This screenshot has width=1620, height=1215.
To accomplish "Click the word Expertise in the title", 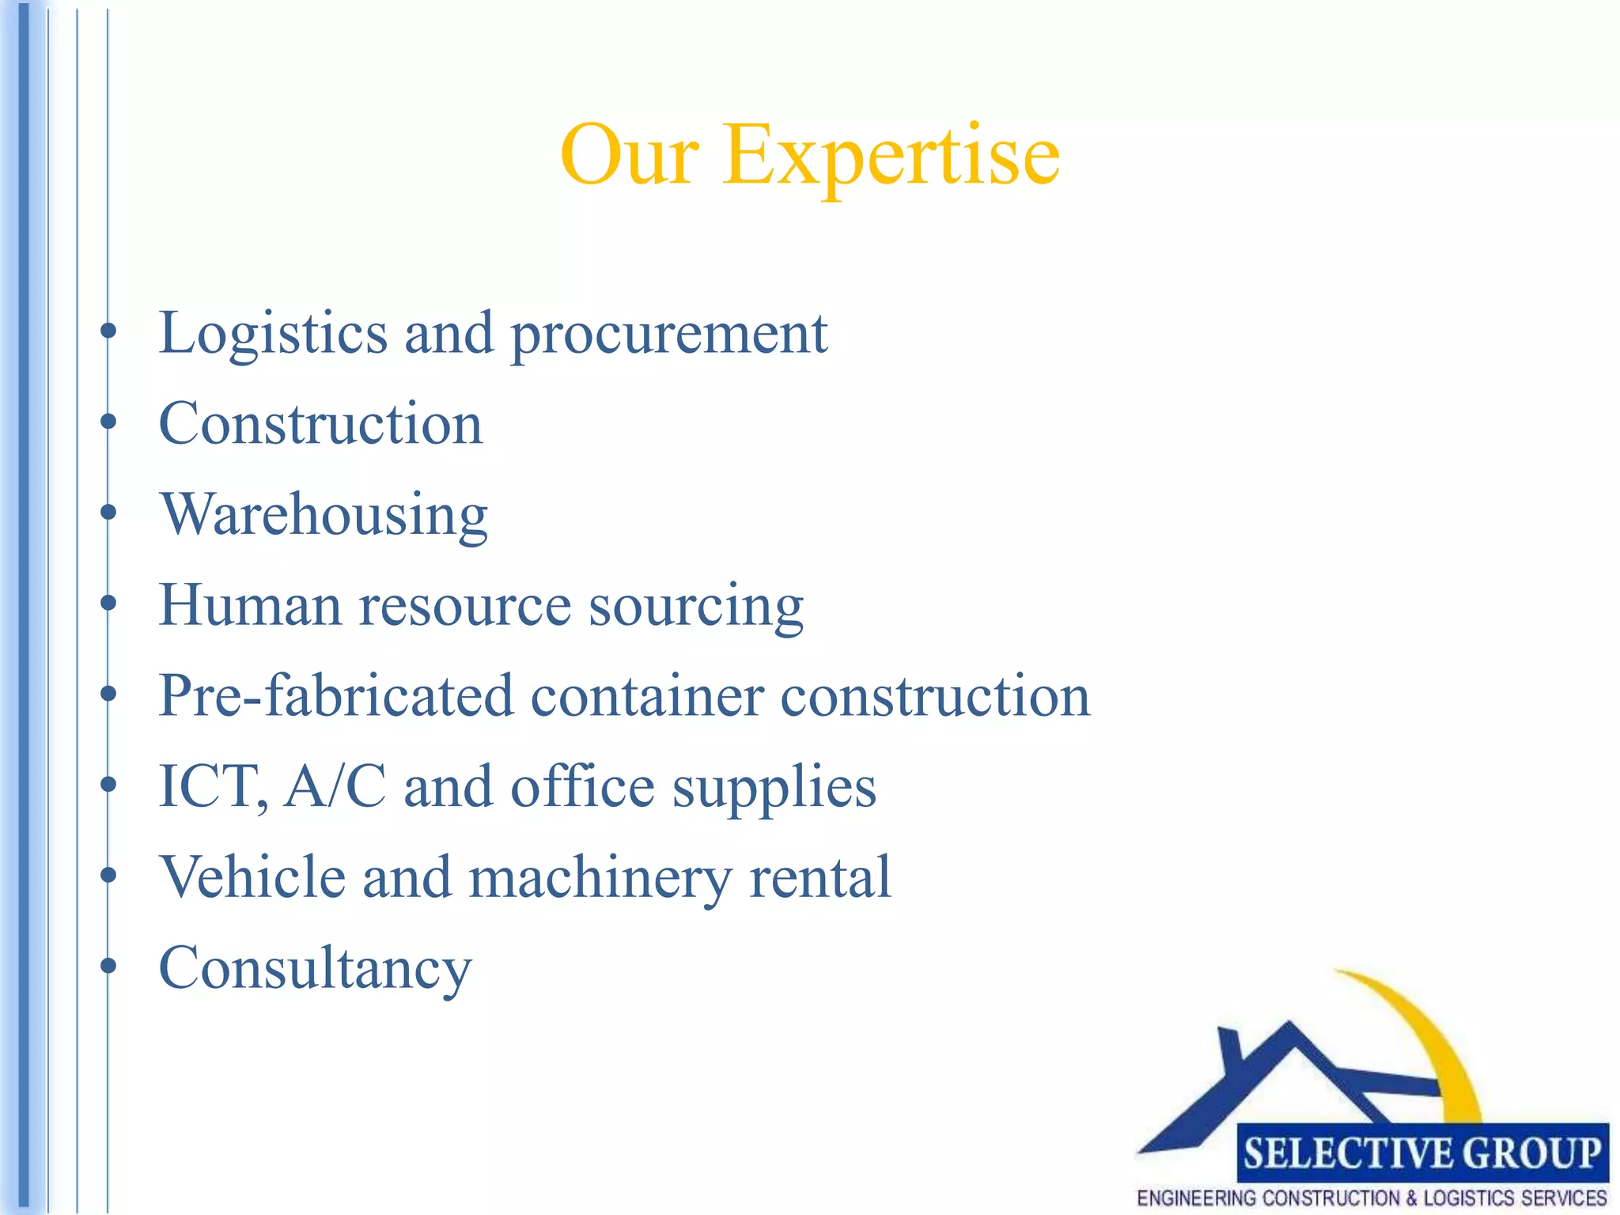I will point(891,157).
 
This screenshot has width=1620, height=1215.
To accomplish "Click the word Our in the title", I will point(629,157).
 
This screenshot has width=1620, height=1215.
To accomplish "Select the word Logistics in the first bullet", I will point(273,334).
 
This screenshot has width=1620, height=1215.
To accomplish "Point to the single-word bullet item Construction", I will point(320,424).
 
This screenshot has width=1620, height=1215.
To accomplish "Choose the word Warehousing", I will point(324,516).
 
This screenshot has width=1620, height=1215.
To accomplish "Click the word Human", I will point(250,606).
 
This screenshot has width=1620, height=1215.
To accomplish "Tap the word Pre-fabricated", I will point(335,696).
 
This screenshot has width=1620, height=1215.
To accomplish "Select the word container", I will point(647,696).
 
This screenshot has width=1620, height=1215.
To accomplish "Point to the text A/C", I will point(335,787).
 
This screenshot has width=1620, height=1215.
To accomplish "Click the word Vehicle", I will point(252,877).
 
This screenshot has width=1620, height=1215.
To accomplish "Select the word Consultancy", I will point(315,969).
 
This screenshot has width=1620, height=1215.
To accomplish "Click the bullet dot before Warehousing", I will point(108,513).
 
